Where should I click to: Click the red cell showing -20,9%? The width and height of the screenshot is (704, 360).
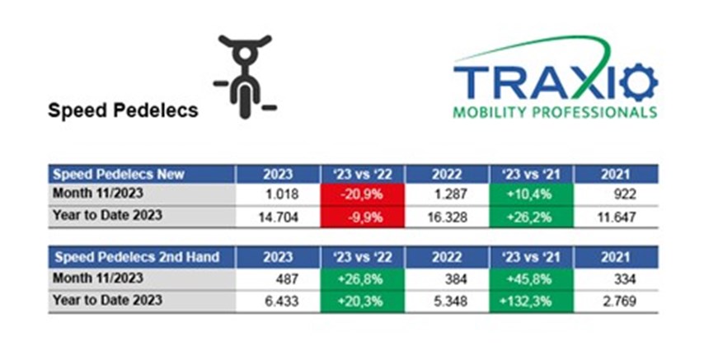point(363,194)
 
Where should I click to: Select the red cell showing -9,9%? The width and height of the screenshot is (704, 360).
point(363,217)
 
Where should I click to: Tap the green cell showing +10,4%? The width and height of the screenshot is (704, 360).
point(531,194)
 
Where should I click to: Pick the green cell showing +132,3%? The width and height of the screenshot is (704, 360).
point(531,302)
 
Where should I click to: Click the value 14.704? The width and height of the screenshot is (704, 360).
point(279,217)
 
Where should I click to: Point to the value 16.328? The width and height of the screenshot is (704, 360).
point(447,217)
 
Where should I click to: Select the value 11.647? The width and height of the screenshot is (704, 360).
point(616,217)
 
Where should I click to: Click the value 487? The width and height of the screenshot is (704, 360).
point(288,279)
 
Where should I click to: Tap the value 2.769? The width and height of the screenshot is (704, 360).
point(619,302)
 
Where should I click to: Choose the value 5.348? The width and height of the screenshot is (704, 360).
point(450,302)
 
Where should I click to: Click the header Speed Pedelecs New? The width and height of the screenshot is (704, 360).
point(119,174)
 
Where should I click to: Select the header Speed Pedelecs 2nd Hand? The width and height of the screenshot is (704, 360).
point(137,258)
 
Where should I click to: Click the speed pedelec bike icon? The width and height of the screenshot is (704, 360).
point(245,77)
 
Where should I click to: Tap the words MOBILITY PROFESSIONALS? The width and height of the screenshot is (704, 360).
point(555,112)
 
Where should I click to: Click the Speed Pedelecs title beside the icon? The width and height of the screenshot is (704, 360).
point(123,110)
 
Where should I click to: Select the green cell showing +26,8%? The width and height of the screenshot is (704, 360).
point(363,279)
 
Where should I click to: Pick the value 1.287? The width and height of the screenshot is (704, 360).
point(450,194)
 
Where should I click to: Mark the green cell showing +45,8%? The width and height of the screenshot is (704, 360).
point(531,279)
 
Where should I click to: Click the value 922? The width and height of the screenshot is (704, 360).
point(625,194)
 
